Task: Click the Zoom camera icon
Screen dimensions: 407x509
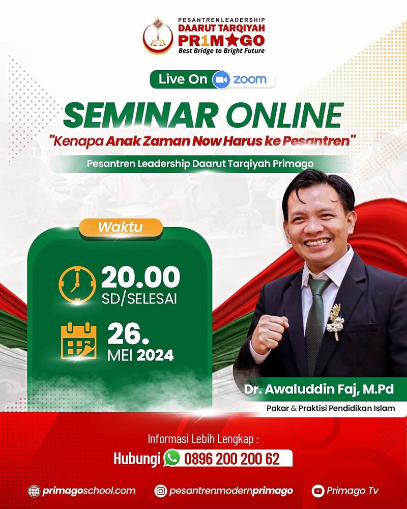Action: [x=221, y=80]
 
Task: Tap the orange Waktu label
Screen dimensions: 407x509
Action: [x=121, y=227]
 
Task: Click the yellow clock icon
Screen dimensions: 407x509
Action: [x=77, y=285]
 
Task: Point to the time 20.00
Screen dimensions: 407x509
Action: [x=140, y=277]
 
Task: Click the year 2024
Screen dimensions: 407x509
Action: [x=155, y=355]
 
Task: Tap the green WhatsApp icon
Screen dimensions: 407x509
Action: [x=172, y=458]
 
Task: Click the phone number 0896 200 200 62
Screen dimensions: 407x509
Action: [x=232, y=459]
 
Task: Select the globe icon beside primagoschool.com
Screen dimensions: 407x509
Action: [x=34, y=491]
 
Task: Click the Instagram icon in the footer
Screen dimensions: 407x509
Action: [x=161, y=491]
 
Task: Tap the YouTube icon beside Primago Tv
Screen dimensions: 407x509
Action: [x=318, y=491]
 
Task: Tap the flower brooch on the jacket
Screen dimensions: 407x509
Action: [x=335, y=322]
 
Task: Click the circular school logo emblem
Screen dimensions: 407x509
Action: [x=158, y=36]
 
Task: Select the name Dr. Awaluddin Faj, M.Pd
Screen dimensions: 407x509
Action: [x=319, y=389]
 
